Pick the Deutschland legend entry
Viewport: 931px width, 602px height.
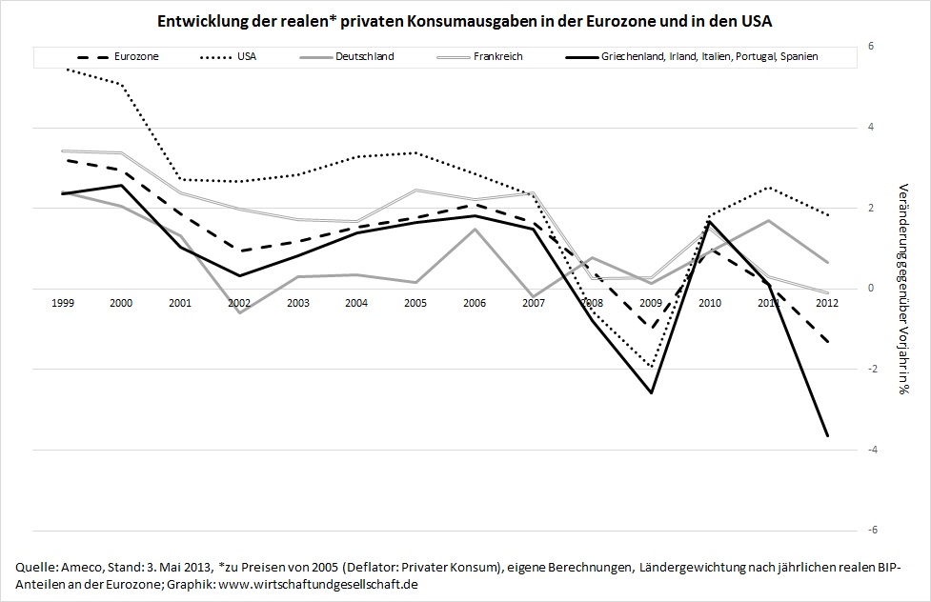point(364,57)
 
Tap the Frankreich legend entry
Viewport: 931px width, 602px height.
point(498,57)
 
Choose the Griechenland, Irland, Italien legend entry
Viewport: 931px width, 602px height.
point(709,57)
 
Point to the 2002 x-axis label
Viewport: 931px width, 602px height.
point(240,302)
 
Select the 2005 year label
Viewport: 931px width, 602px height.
point(415,302)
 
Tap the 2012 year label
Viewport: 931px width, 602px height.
point(827,302)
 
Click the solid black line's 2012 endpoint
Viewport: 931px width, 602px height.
point(827,436)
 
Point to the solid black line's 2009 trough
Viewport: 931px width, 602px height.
point(652,392)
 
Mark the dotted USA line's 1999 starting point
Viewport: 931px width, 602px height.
point(63,69)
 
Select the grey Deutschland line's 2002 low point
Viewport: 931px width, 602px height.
point(239,312)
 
